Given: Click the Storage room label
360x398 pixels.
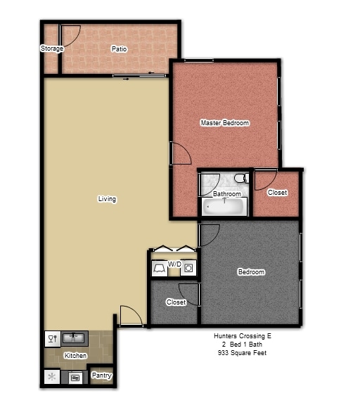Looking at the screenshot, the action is point(52,49).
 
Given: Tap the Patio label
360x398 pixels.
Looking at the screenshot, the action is point(119,49).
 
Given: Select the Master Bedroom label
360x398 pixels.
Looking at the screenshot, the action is point(225,123).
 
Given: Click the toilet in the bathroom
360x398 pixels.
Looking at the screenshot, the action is point(241,178).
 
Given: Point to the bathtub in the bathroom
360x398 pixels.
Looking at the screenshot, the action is point(224,206).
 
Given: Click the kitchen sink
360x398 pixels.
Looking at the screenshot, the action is point(74,338).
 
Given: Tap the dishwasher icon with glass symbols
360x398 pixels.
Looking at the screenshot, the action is point(53,339).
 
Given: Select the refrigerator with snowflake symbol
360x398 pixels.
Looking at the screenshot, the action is point(52,377).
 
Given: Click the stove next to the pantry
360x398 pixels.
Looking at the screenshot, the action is point(75,378).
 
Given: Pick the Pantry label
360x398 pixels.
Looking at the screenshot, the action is point(102,375).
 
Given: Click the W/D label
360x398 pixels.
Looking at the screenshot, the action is point(174,264).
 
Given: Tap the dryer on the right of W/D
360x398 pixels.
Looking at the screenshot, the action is point(188,268).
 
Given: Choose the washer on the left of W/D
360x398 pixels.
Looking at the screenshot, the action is point(160,269).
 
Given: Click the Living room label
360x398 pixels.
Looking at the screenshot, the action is point(107,199).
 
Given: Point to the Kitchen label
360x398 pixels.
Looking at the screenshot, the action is point(75,355).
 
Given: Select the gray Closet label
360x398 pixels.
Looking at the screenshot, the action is point(176,302).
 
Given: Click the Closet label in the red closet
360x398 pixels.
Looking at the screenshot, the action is point(277,193).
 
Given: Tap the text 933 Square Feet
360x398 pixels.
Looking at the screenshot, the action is point(242,353).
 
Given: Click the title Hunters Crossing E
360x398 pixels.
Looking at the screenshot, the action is point(243,336).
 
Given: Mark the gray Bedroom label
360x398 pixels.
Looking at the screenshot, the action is point(251,272).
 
